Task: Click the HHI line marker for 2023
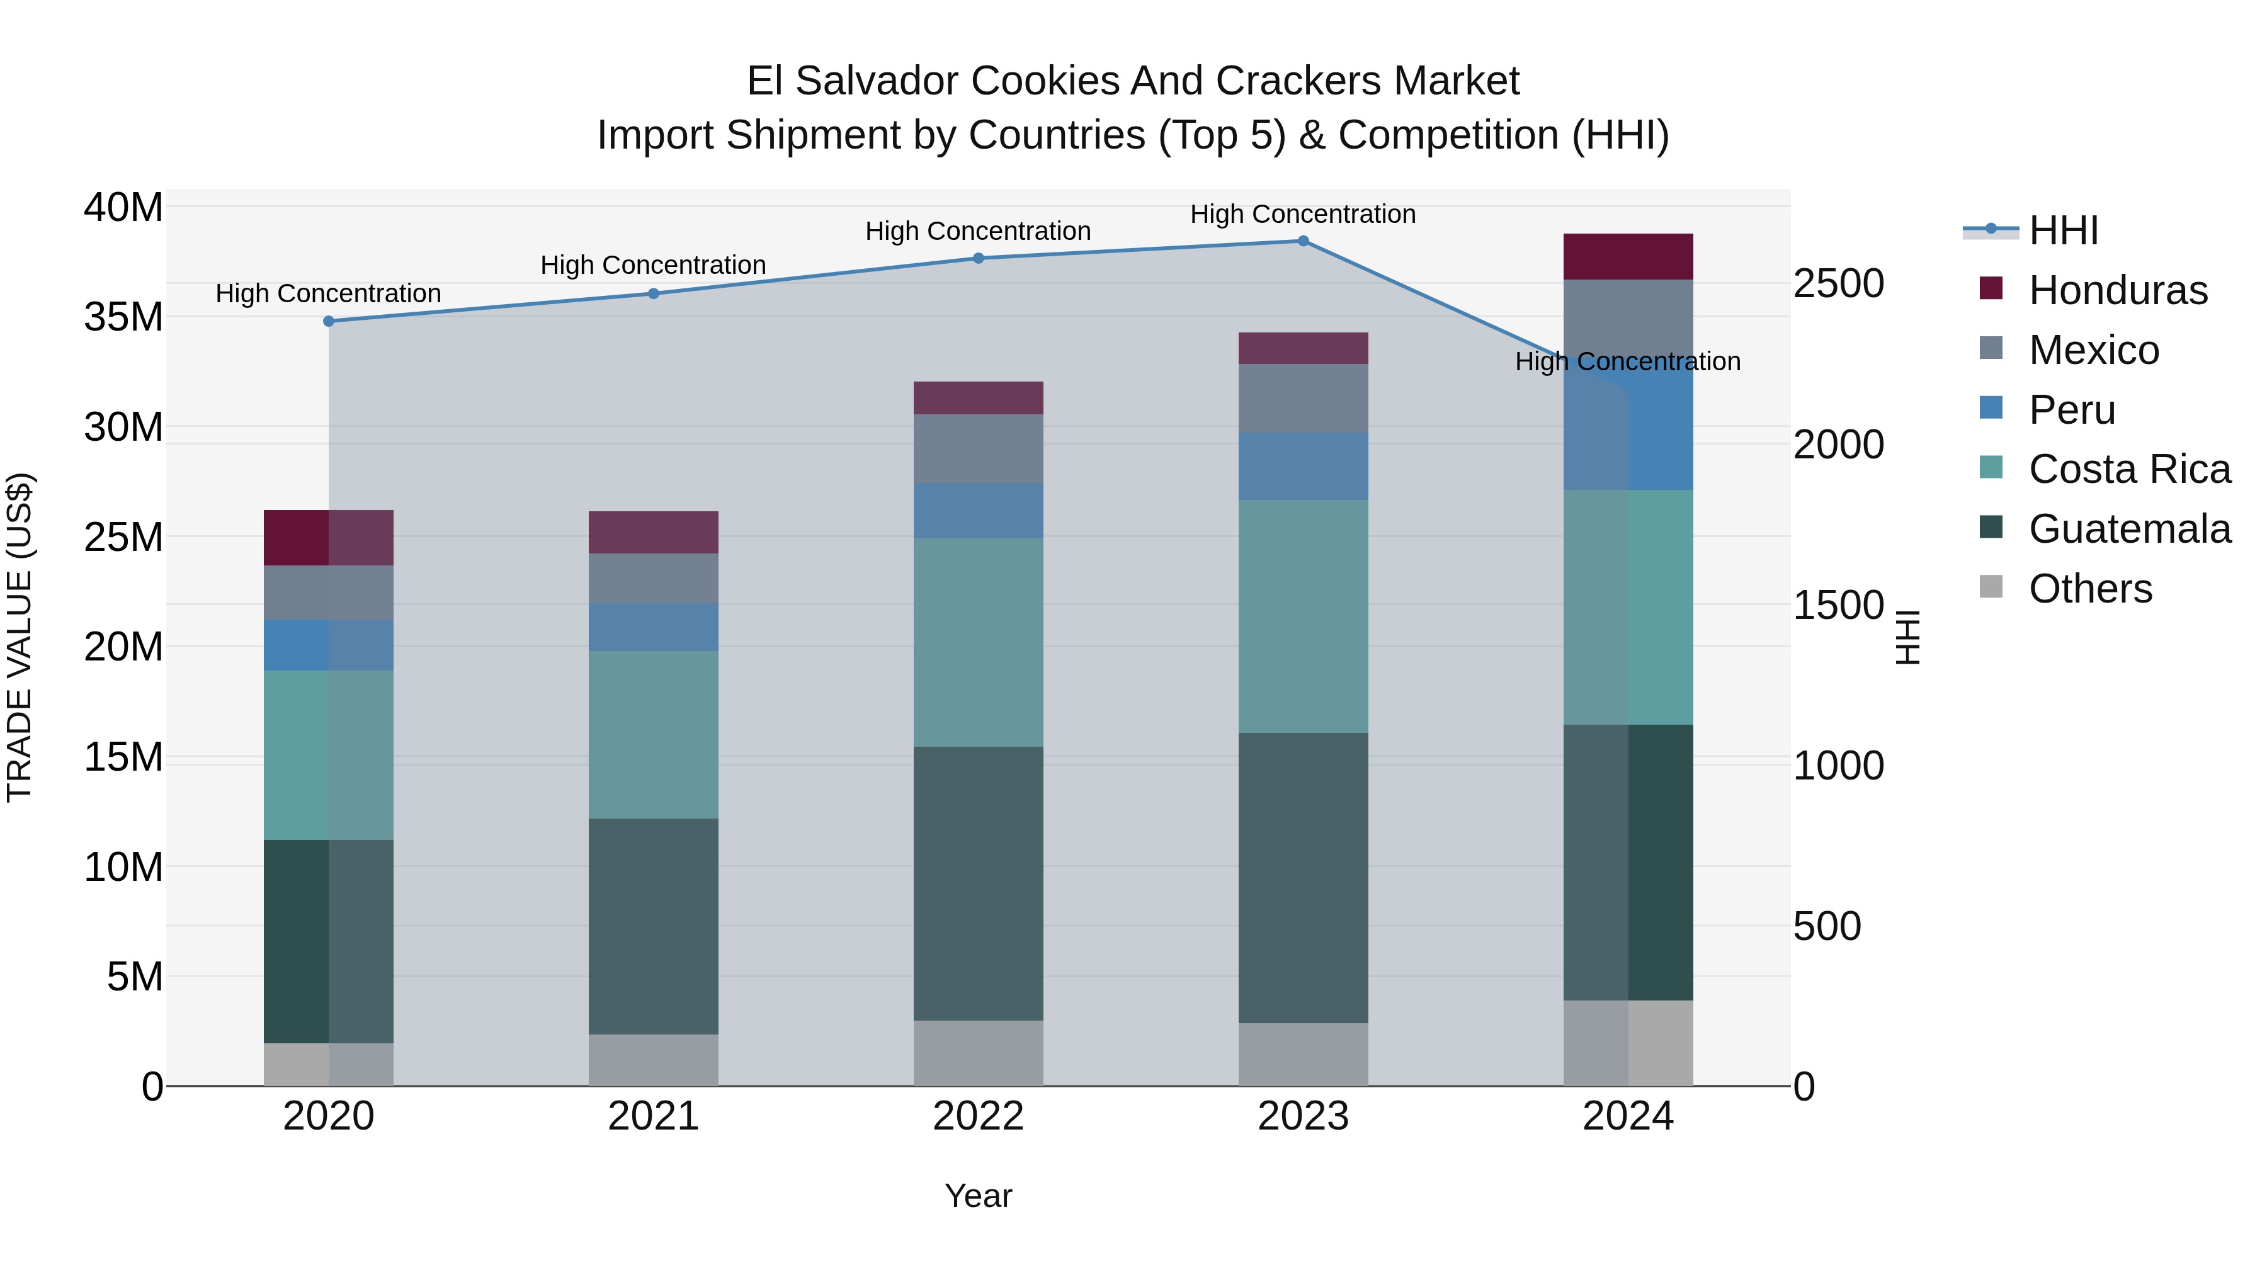coord(1304,241)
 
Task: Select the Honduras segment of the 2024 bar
coord(1628,257)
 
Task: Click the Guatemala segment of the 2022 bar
coord(978,883)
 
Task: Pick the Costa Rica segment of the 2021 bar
coord(653,735)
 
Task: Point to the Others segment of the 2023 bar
coord(1304,1054)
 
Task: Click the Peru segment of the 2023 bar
coord(1304,467)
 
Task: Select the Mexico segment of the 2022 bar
coord(978,449)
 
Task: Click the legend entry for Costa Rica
coord(2129,469)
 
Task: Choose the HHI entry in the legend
coord(2063,230)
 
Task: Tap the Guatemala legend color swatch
coord(1991,528)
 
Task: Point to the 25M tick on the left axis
coord(123,536)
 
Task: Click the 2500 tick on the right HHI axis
coord(1838,283)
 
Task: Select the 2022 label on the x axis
coord(978,1116)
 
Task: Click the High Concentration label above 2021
coord(653,265)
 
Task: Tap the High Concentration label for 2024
coord(1627,361)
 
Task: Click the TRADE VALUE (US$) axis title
coord(20,637)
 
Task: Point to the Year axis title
coord(978,1196)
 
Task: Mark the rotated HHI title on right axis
coord(1907,637)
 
